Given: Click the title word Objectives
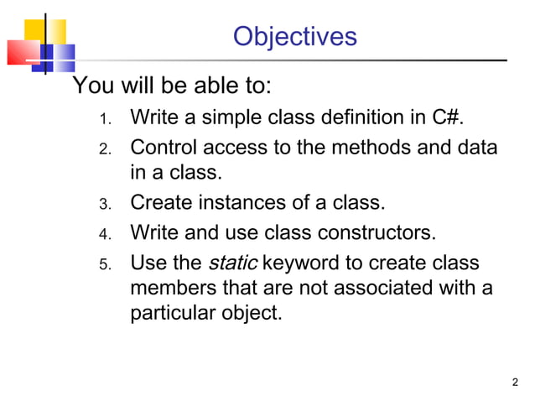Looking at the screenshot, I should point(294,37).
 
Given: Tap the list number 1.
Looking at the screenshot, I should point(105,119).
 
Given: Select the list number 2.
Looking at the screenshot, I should point(105,150).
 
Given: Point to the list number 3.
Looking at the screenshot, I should point(105,204).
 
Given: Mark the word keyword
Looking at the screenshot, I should point(300,263).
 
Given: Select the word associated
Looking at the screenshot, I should point(373,289).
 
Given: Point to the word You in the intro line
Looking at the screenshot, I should point(91,86).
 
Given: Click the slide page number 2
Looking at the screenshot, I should point(514,383).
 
